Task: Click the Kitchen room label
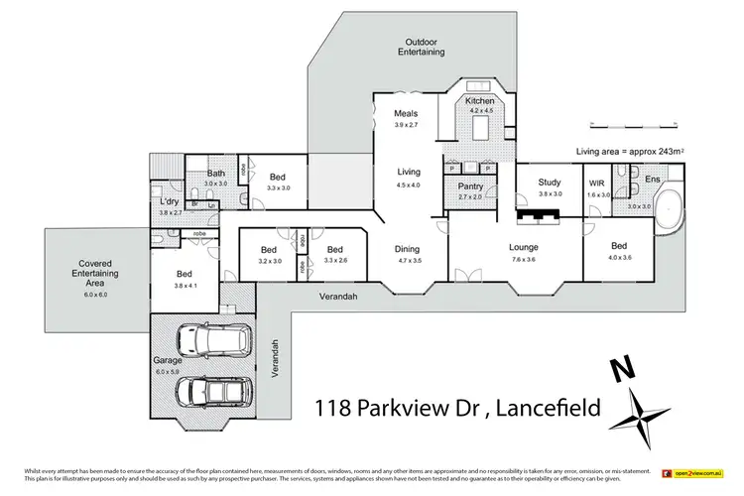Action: (x=479, y=102)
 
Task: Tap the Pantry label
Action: (x=469, y=186)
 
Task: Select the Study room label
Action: (x=550, y=183)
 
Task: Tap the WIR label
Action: (x=596, y=184)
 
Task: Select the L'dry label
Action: (x=169, y=202)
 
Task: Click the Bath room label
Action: (x=216, y=173)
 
